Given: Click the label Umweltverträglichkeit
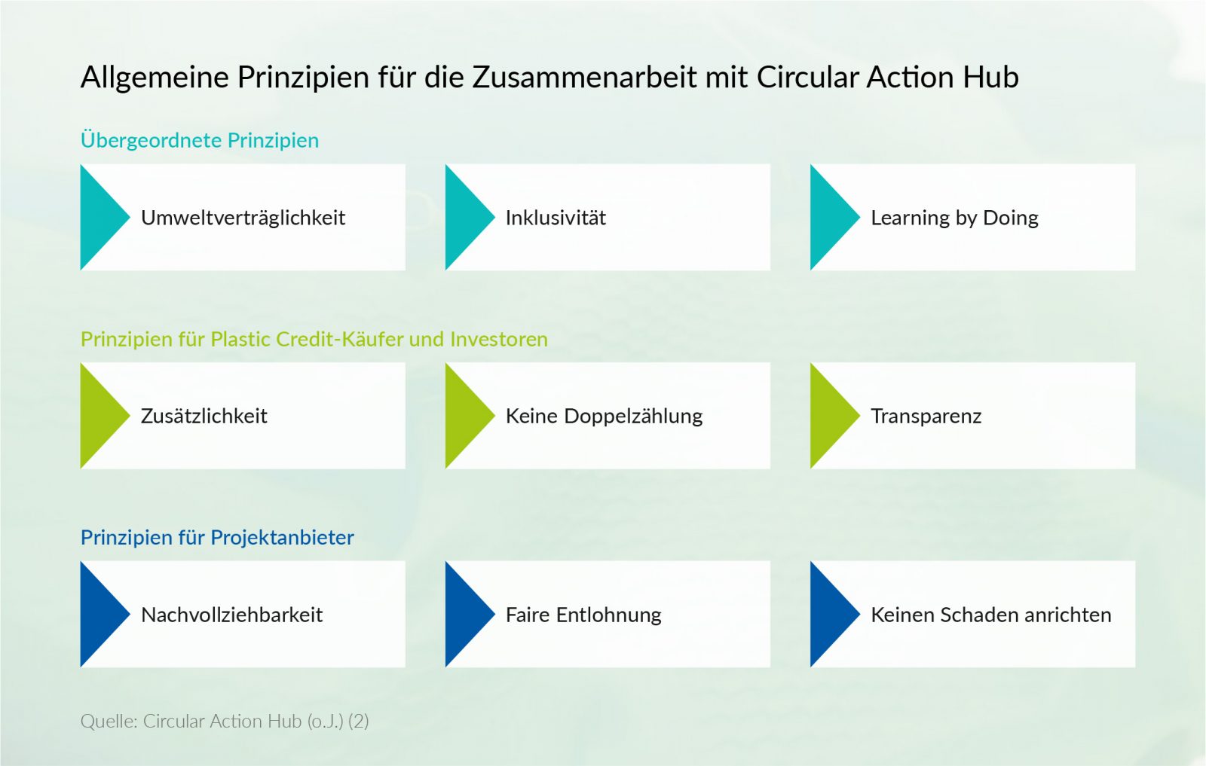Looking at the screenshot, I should tap(243, 218).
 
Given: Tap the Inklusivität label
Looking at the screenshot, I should tap(556, 218).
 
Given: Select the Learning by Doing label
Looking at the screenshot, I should tap(954, 218).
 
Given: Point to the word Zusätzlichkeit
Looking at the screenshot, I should tap(204, 416).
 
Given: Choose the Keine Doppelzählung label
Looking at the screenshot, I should tap(604, 416).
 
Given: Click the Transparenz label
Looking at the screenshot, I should tap(926, 416).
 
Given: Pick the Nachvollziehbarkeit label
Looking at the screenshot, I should tap(231, 615).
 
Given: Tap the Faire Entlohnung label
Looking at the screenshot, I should tap(583, 615).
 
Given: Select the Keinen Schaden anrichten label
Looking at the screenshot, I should tap(990, 615).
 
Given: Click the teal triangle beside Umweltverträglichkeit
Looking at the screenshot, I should tap(99, 217).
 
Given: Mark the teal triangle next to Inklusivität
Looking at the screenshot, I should tap(464, 217).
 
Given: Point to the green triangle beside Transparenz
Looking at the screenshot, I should tap(828, 416).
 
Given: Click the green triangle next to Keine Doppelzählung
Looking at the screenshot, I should tap(464, 416).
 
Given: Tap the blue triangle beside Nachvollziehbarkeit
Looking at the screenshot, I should tap(99, 614).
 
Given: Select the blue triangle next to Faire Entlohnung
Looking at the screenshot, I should tap(464, 614).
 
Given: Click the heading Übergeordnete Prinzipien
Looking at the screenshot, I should tap(200, 140).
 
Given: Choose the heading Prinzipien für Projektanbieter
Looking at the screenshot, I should tap(217, 537).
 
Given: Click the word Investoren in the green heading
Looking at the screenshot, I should tap(498, 339).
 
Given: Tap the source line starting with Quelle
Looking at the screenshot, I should tap(225, 721).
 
